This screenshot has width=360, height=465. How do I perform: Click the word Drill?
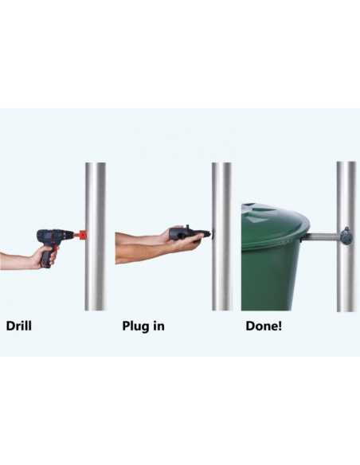(18, 326)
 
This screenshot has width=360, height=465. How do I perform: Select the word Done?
(264, 326)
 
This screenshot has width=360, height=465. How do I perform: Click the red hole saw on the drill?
(82, 235)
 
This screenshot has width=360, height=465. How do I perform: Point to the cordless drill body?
(55, 236)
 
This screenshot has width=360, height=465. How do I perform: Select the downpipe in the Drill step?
(96, 236)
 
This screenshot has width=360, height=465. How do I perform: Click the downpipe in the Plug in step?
(221, 236)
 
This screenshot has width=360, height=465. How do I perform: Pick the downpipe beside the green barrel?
(346, 236)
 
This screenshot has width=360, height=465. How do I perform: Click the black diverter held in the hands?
(189, 234)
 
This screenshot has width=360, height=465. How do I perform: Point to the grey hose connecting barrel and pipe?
(322, 236)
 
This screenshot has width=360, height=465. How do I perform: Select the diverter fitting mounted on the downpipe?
(346, 236)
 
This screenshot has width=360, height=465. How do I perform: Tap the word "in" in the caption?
(159, 326)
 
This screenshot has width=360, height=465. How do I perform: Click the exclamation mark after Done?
(279, 326)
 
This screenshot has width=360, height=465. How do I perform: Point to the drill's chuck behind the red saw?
(75, 236)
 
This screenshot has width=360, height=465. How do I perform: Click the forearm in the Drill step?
(16, 260)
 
